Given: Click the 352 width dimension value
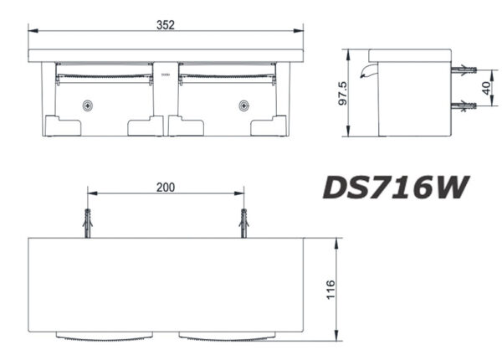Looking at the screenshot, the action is point(166,25).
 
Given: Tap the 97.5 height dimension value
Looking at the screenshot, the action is point(342,93).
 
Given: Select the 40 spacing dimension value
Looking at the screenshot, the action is point(486,88).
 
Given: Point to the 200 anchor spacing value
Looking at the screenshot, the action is point(166,188).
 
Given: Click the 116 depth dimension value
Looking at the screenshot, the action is point(330,290).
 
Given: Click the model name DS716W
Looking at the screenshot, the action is point(396,188).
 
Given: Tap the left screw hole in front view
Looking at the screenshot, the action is point(87,105).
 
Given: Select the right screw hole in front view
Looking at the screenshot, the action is point(244,105).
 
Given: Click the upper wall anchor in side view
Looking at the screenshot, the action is point(464,69).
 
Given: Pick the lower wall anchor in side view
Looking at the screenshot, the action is point(464,105).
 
